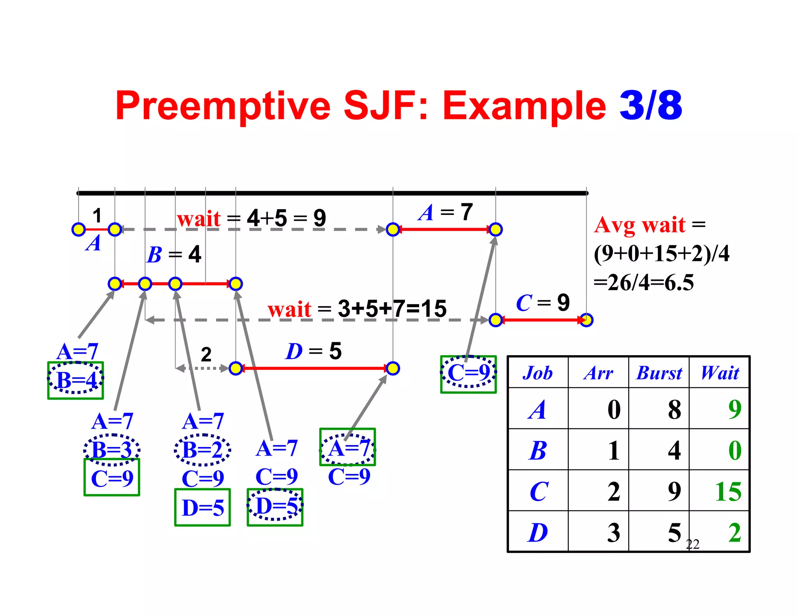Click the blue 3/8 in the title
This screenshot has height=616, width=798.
(650, 106)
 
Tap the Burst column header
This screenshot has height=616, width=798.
(659, 373)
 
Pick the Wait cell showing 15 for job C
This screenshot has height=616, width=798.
(727, 491)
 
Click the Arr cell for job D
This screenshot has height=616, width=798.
(613, 532)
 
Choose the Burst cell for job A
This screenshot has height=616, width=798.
(674, 410)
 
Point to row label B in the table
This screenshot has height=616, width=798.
(538, 451)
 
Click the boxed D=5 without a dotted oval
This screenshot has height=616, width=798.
(203, 508)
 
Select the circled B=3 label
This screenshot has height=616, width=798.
(112, 450)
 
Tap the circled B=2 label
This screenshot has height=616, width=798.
(202, 450)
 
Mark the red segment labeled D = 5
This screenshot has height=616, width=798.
(314, 368)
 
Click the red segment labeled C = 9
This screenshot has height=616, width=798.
(541, 320)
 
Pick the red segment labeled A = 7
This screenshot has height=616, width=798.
(444, 229)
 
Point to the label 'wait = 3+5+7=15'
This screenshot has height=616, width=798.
(357, 309)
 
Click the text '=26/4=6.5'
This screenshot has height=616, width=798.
(644, 282)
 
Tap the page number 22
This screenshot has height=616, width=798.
(692, 544)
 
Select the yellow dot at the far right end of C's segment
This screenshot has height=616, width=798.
(586, 320)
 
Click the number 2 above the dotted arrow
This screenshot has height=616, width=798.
(206, 354)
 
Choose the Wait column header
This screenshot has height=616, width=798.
(720, 373)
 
